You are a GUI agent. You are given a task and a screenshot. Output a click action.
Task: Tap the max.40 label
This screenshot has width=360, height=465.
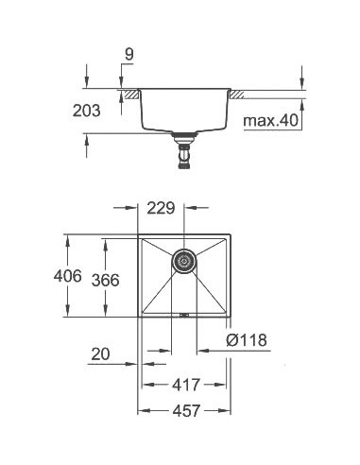[270, 121]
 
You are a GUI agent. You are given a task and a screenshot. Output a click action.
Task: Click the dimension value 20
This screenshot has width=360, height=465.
[103, 355]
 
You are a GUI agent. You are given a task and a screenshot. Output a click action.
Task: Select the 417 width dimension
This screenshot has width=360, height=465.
[185, 387]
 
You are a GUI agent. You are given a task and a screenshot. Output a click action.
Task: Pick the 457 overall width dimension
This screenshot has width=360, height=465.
[185, 413]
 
